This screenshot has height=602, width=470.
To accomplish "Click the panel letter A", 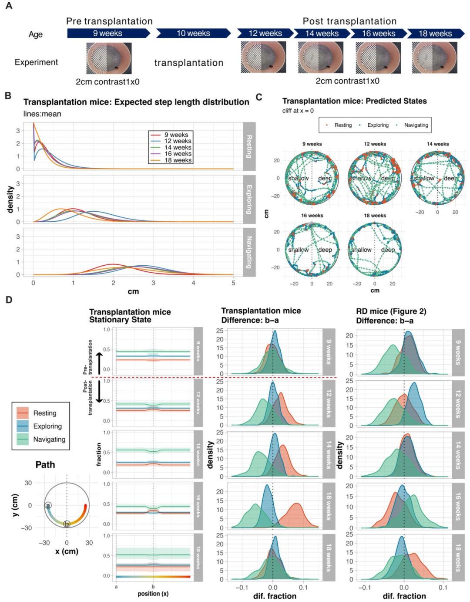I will click(9, 6).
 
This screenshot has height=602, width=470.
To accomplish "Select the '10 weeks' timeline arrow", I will click(193, 34).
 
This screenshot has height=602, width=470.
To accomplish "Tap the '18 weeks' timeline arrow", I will click(435, 34).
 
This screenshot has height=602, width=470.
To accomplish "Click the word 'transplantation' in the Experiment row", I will click(189, 63).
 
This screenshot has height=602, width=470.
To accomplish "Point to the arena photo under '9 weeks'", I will click(109, 58).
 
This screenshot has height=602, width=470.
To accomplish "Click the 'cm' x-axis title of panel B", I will click(133, 291).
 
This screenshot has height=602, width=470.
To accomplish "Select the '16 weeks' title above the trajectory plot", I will click(312, 215).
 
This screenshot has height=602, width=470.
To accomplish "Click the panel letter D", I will click(9, 300).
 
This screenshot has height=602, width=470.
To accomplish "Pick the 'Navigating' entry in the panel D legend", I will click(49, 439).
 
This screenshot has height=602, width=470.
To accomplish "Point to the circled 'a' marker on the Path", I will click(48, 506).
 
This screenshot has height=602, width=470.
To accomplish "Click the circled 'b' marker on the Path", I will click(67, 524).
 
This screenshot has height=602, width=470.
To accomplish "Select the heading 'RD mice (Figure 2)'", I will click(391, 311).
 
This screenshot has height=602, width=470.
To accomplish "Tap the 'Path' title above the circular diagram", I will click(45, 465).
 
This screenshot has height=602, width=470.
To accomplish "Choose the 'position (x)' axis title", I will click(153, 594).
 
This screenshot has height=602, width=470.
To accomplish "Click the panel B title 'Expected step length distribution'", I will click(136, 102).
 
